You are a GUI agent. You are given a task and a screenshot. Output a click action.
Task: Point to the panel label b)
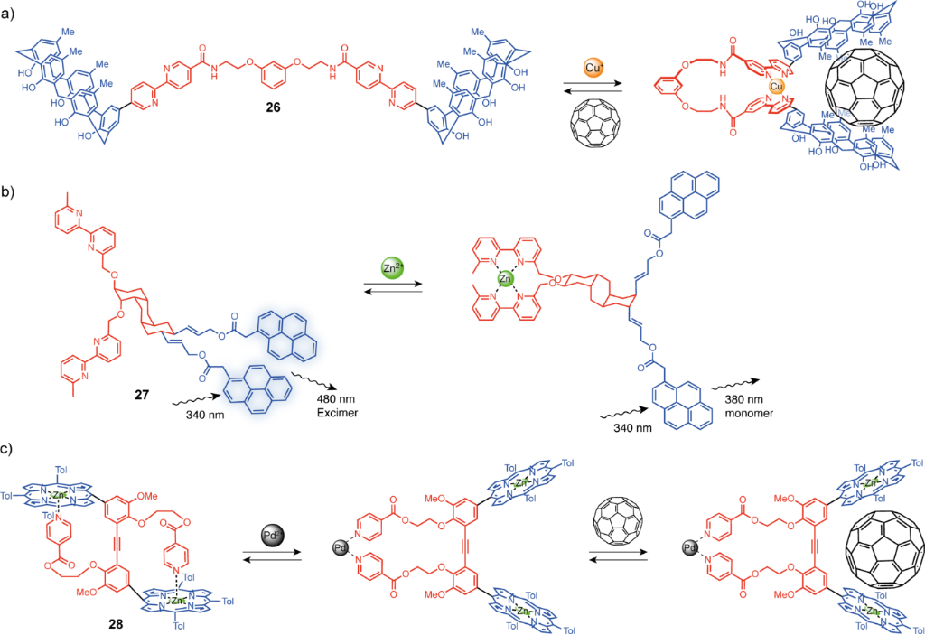[x=12, y=191]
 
